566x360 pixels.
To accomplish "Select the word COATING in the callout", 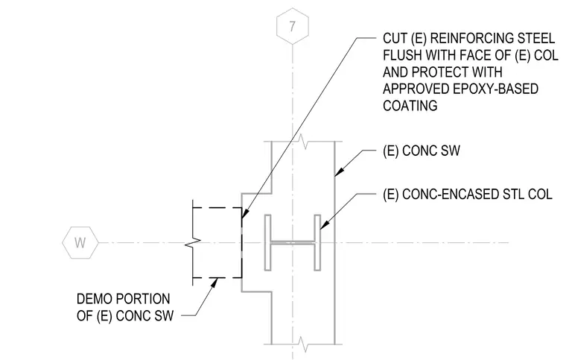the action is pyautogui.click(x=410, y=106).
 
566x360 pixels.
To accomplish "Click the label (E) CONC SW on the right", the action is pyautogui.click(x=422, y=151).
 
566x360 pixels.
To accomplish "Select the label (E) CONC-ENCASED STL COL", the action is pyautogui.click(x=468, y=195).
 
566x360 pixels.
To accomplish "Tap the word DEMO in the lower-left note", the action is pyautogui.click(x=95, y=299).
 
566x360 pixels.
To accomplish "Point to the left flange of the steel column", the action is pyautogui.click(x=267, y=242).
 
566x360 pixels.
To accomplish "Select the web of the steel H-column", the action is pyautogui.click(x=293, y=243).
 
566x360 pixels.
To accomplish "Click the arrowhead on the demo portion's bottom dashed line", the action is pyautogui.click(x=214, y=282).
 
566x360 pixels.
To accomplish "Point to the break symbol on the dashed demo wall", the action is pyautogui.click(x=193, y=244).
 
